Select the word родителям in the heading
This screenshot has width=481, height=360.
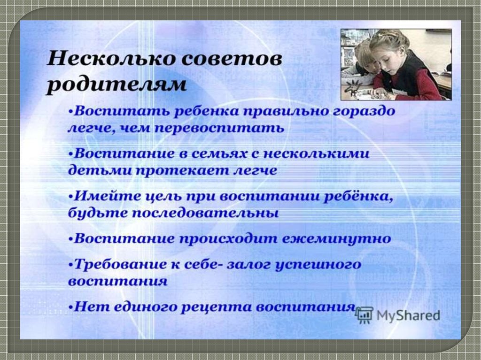116,84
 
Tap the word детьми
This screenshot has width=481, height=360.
98,170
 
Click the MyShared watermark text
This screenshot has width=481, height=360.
408,315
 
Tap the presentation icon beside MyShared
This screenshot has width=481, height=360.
365,315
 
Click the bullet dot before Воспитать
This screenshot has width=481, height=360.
71,112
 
